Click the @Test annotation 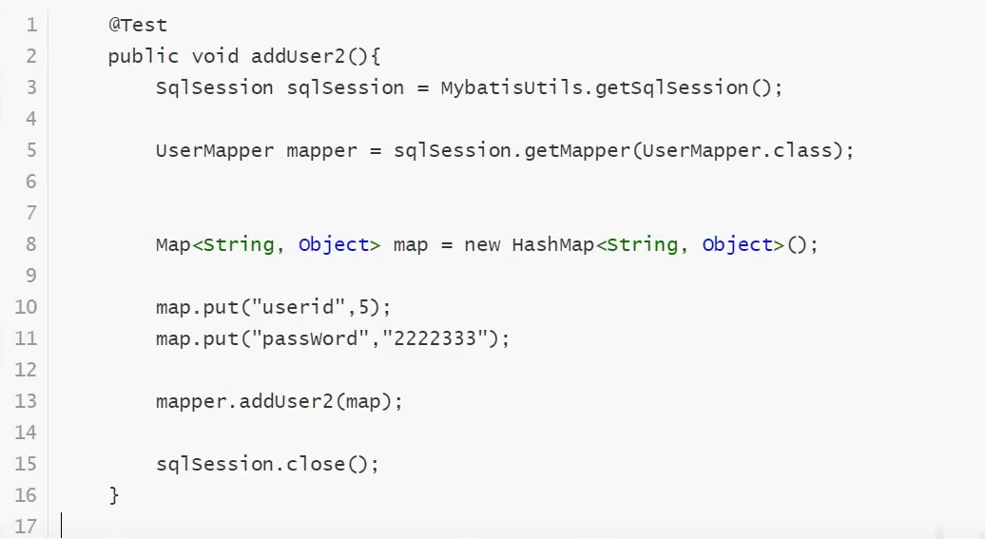point(138,25)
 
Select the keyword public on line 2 point(144,56)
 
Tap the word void point(215,56)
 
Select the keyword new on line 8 point(482,245)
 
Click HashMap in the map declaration point(552,245)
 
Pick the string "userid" point(299,307)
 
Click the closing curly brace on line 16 point(114,496)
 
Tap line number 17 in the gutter point(26,527)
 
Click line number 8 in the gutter point(30,244)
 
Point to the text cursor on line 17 point(62,526)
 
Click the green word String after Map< point(239,245)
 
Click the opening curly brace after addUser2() point(376,56)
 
